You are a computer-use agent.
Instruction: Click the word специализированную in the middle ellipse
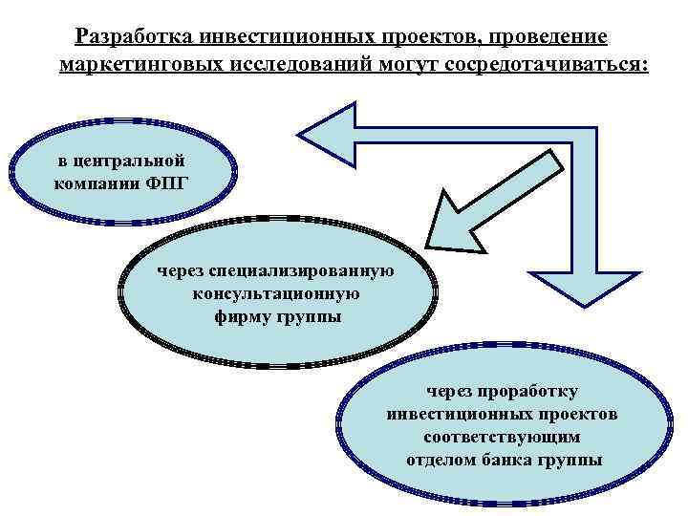[x=305, y=272]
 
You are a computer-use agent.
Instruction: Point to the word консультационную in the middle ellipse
[x=276, y=293]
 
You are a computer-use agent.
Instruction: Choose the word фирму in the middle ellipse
[x=242, y=315]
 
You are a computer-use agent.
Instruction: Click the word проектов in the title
[x=436, y=36]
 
